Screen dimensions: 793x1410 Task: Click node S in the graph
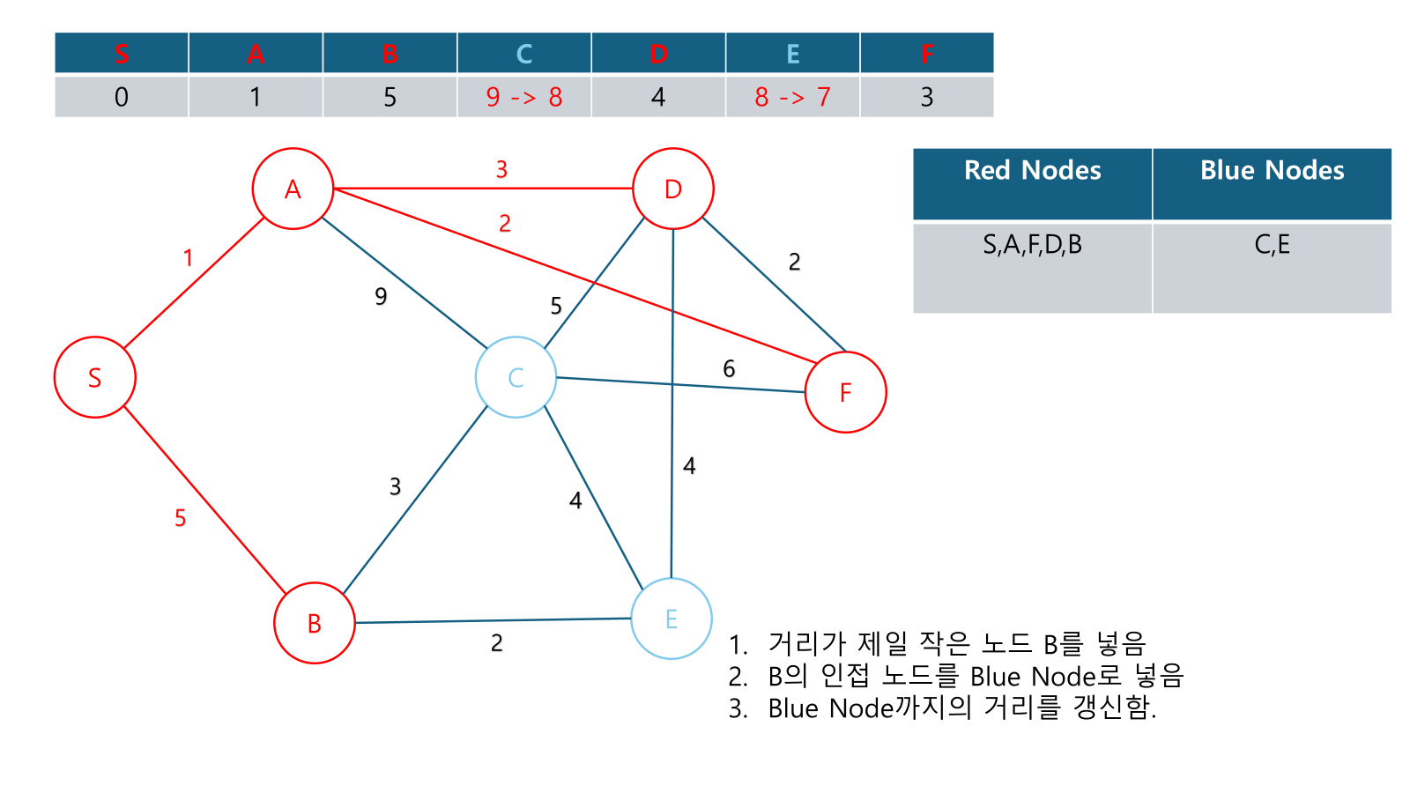[95, 377]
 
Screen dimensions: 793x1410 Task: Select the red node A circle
[293, 189]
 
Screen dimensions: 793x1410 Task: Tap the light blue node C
[516, 377]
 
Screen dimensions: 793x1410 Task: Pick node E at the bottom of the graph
[672, 619]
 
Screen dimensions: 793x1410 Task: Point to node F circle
[845, 392]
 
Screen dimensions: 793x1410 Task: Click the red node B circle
[315, 623]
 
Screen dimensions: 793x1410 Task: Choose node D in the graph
[673, 189]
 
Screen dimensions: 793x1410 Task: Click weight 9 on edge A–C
[381, 296]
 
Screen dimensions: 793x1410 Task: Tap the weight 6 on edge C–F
[729, 368]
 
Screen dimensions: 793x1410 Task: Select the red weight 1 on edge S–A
[188, 257]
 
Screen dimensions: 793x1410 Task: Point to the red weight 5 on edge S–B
[181, 518]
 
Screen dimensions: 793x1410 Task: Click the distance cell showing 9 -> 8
[524, 97]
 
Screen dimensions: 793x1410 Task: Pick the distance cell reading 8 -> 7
[792, 97]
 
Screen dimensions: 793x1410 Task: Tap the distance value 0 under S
[122, 97]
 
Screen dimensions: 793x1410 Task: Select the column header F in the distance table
[927, 54]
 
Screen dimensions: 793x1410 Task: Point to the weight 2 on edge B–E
[497, 643]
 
